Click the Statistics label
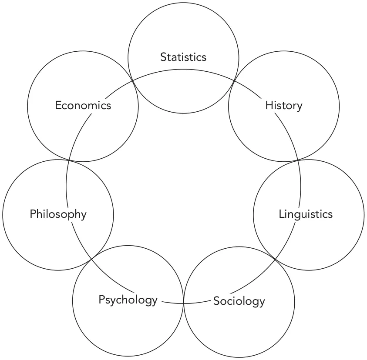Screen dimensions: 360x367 click(183, 57)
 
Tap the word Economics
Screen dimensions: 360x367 click(83, 105)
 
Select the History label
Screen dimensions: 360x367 click(283, 105)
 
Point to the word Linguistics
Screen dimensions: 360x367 click(306, 214)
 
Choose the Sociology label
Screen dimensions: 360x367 click(239, 301)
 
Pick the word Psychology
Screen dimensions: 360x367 click(128, 300)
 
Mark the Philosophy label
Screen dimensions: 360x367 click(58, 214)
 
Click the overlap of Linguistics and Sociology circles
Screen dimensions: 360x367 click(276, 259)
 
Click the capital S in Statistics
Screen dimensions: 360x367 click(163, 57)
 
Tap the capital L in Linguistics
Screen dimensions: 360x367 click(281, 214)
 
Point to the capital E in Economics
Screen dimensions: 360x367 click(58, 105)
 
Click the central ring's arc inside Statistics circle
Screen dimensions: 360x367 click(183, 70)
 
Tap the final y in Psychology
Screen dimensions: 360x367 click(154, 301)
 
